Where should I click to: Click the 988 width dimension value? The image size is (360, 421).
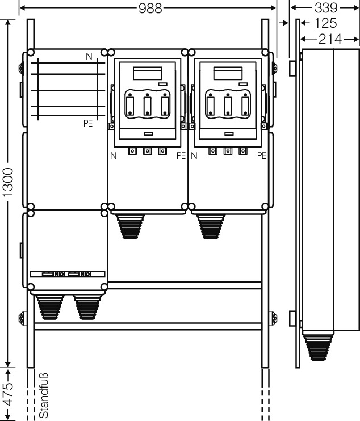click(150, 9)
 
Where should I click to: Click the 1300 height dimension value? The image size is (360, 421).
click(8, 183)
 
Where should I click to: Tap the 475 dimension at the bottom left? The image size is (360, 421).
click(9, 394)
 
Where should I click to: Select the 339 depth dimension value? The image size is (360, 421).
click(325, 7)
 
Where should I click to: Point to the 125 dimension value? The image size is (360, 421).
click(325, 23)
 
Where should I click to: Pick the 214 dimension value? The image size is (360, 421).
click(330, 39)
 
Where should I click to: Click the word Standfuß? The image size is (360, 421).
click(44, 395)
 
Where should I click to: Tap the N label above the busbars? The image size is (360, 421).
click(89, 56)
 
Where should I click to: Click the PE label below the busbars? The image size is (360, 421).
click(88, 123)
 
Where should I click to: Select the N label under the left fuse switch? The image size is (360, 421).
click(114, 155)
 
